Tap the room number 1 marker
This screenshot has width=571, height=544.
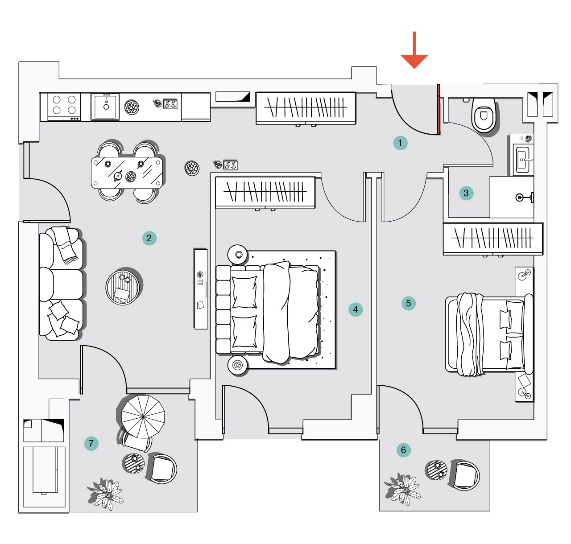click(400, 143)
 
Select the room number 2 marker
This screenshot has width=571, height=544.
click(149, 238)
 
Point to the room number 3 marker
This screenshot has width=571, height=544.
click(466, 193)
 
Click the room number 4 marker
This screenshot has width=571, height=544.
click(356, 309)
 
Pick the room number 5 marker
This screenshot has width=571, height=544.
click(408, 303)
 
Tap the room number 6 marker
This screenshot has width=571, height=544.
click(403, 450)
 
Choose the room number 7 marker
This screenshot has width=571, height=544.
click(91, 443)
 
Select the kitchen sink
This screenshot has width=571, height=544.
click(105, 106)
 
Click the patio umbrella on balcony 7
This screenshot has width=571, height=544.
click(143, 417)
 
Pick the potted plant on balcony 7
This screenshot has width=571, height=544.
click(105, 494)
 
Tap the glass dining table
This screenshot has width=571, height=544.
click(127, 173)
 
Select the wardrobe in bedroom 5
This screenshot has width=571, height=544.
click(492, 239)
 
